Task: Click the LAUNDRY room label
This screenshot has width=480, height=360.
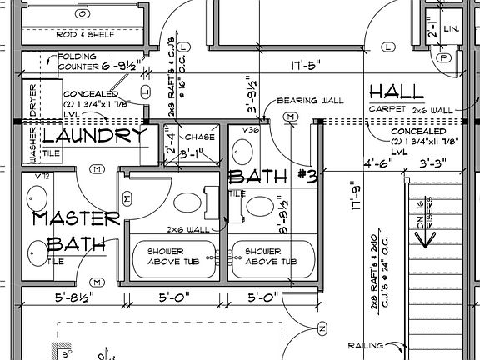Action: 94,136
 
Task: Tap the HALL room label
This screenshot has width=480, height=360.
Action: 399,91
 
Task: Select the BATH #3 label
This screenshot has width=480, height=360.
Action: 272,177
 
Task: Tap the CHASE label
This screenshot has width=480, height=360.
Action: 200,137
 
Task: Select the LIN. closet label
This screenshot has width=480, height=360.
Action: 452,30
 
